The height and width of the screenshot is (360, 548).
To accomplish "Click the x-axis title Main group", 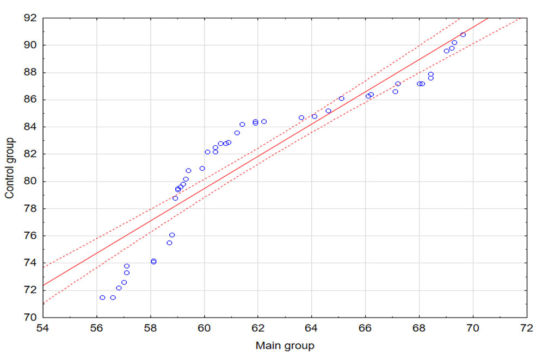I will pos(285,345).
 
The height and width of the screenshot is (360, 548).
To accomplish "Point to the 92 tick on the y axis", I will pos(29,18).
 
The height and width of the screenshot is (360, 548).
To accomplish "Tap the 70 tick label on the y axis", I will pos(29,318).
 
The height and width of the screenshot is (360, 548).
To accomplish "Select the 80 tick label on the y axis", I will pos(29,182).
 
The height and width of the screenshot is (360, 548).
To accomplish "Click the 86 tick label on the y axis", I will pos(29,100).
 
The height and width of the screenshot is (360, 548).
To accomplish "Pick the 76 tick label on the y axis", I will pos(29,236).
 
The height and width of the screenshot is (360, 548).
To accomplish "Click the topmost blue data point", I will pos(463,35).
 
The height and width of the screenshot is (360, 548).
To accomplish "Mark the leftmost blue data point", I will pos(102,297).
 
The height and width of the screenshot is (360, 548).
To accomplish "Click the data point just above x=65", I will pos(342,98).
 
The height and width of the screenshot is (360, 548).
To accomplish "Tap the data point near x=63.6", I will pos(301,117).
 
